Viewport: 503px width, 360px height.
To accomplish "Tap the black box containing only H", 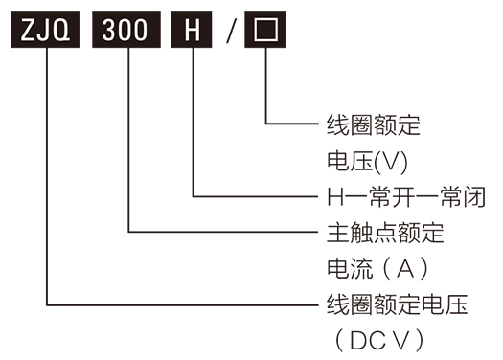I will pos(193,32).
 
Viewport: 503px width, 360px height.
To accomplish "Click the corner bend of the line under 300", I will pos(127,232).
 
